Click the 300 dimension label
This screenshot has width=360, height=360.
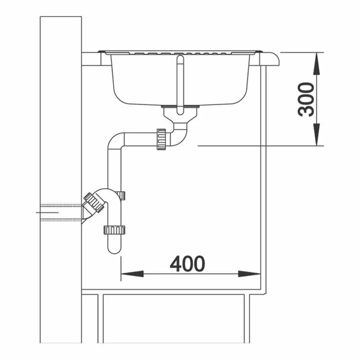[x=306, y=99]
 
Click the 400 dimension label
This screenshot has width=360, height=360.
[x=187, y=264]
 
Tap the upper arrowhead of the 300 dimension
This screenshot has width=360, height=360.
[x=316, y=63]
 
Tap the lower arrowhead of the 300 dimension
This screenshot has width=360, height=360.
[x=316, y=135]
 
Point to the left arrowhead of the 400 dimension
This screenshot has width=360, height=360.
[x=132, y=274]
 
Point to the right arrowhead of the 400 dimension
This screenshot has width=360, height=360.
[x=249, y=274]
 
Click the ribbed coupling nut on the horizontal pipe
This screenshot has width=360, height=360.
[x=161, y=139]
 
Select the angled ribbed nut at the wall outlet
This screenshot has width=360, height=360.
[x=94, y=202]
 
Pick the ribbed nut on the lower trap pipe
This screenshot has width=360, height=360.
[x=114, y=230]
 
